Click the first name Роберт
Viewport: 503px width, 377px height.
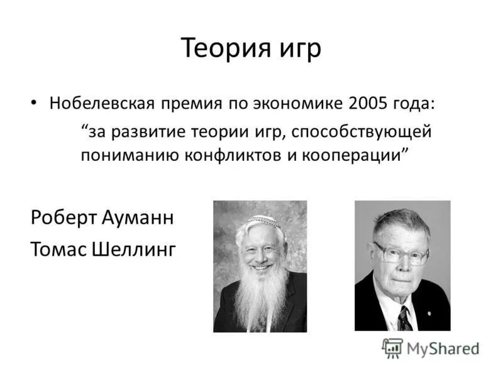[59, 219]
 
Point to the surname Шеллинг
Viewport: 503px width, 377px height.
[134, 249]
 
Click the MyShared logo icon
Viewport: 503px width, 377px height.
[392, 347]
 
